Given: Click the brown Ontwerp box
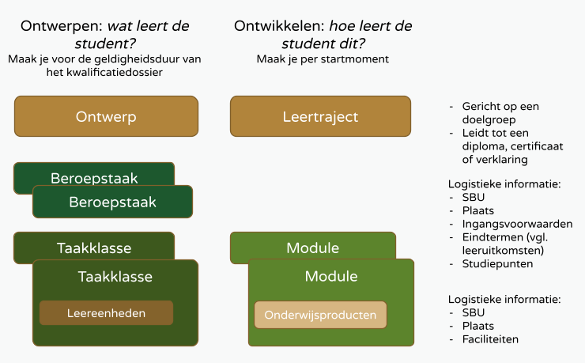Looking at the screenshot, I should click(106, 116).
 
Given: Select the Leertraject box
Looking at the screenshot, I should click(320, 116).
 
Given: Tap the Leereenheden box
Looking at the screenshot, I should click(106, 313).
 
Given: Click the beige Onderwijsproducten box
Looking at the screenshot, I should click(320, 314).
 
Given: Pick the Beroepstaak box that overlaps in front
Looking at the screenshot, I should click(112, 202).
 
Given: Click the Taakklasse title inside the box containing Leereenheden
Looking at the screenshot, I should click(115, 277).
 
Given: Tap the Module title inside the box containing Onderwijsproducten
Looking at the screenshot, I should click(331, 277).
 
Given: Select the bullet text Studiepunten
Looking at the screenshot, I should click(497, 263).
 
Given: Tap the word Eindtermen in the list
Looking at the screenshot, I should click(491, 237).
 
